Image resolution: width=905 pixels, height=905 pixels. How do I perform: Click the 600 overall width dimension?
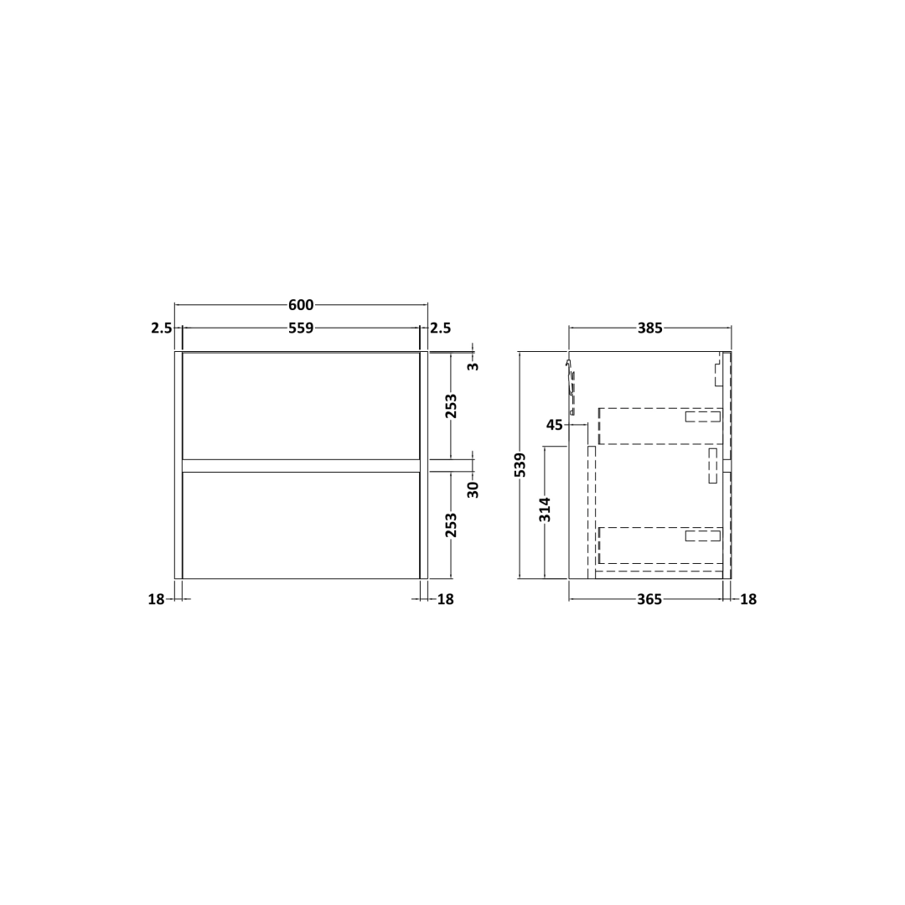(301, 305)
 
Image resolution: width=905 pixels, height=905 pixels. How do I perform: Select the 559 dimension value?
(301, 328)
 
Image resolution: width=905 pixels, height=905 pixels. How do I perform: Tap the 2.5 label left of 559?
(162, 328)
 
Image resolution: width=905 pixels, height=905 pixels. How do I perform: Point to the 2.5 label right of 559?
(441, 328)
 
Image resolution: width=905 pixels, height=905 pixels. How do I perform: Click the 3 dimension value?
(473, 366)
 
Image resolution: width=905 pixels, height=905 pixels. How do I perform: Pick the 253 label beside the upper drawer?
(452, 406)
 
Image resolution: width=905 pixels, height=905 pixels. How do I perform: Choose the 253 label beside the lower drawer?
(452, 525)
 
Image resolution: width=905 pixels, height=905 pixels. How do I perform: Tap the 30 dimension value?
(473, 489)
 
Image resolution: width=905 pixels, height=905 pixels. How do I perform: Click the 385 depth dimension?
(650, 328)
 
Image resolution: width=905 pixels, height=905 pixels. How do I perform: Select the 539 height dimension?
(520, 464)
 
